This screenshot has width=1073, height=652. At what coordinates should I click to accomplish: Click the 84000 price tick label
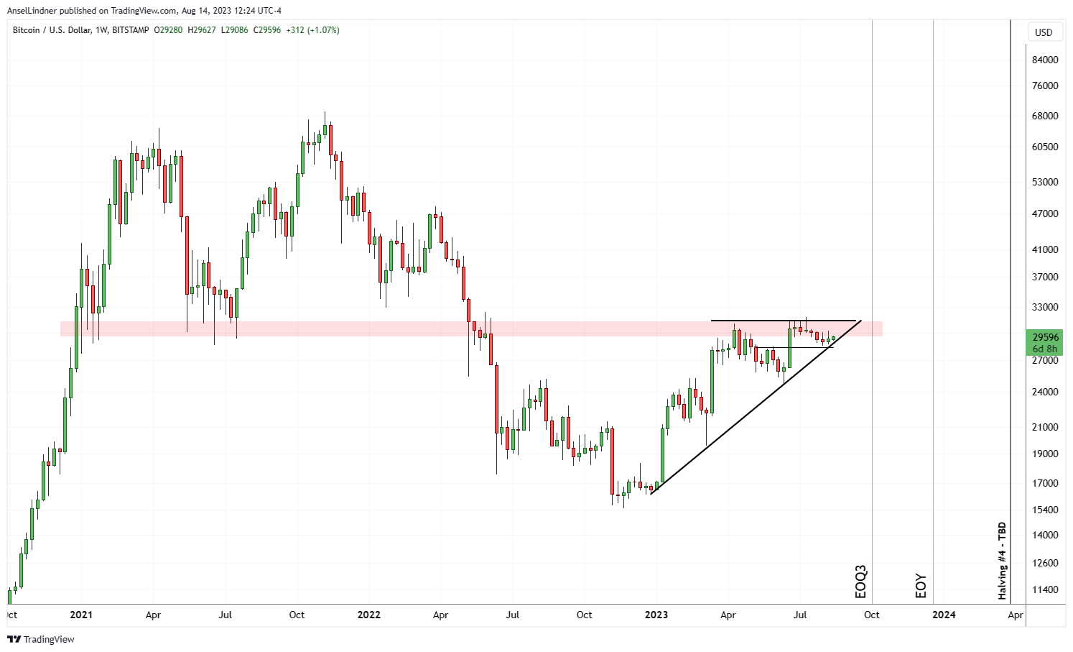[x=1045, y=60]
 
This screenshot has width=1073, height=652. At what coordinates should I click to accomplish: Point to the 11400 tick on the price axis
[x=1045, y=589]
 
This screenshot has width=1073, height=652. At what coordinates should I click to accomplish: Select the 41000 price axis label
[x=1045, y=249]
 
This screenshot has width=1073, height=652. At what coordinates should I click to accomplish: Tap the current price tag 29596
[x=1045, y=337]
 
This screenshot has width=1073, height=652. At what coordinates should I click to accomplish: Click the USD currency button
[x=1044, y=32]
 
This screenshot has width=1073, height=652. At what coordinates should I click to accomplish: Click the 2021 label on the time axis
[x=81, y=615]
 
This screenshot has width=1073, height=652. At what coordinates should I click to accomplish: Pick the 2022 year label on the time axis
[x=368, y=615]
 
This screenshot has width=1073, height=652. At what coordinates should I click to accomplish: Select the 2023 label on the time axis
[x=656, y=615]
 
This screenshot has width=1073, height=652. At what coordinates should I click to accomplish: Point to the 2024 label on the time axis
[x=944, y=615]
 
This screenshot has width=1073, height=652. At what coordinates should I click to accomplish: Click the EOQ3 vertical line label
[x=860, y=582]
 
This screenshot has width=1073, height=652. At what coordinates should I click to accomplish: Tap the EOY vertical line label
[x=921, y=586]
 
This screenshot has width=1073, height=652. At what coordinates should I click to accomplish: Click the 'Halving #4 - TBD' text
[x=1002, y=561]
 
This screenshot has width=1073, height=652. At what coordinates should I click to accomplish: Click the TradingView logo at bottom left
[x=42, y=639]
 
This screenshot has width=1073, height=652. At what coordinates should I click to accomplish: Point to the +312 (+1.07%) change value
[x=312, y=30]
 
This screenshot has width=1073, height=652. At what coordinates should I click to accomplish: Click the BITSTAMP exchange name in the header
[x=131, y=30]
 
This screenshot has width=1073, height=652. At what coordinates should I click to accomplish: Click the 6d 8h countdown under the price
[x=1045, y=349]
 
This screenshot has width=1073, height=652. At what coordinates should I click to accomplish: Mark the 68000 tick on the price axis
[x=1045, y=116]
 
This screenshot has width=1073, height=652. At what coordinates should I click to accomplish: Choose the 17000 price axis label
[x=1045, y=483]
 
